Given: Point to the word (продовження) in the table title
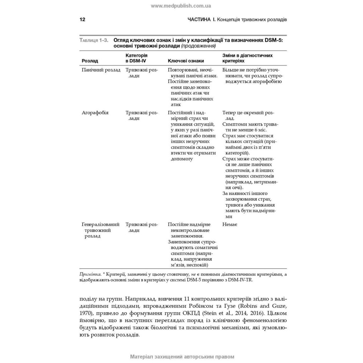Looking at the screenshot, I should [x=198, y=46].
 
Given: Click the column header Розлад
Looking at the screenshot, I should [x=90, y=61].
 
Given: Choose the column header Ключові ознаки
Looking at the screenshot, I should [x=186, y=61].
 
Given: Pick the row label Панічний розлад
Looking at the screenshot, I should [x=101, y=70].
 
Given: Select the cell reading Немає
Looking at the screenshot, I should [x=230, y=225].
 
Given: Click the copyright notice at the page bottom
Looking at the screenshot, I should [x=181, y=356].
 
